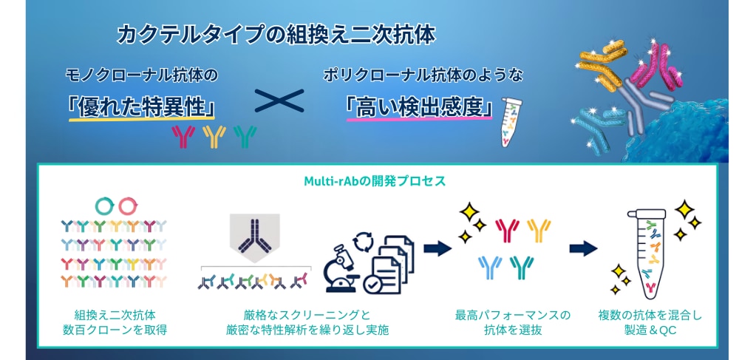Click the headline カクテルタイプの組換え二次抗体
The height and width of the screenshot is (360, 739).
[276, 35]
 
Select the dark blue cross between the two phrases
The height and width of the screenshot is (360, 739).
[279, 101]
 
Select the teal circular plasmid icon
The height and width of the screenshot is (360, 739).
[104, 206]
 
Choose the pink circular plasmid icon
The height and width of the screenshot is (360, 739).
[128, 206]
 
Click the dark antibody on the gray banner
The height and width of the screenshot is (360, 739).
[254, 234]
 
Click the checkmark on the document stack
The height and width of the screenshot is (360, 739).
[376, 284]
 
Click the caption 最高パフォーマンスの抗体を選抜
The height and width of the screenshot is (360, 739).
[513, 322]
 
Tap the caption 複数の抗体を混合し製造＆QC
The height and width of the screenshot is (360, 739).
[649, 322]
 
